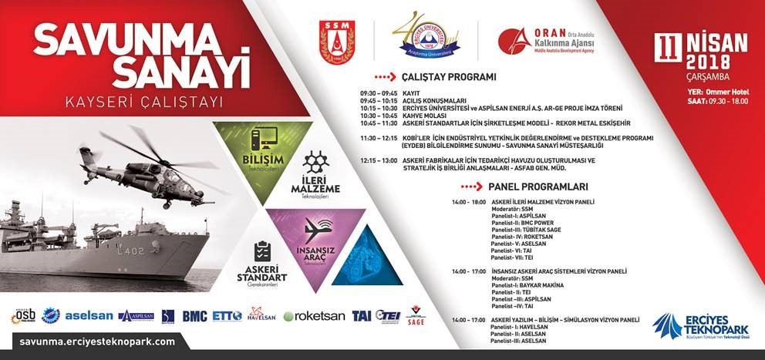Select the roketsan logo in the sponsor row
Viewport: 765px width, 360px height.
pos(314,316)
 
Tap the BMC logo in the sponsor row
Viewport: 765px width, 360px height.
pos(194,316)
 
